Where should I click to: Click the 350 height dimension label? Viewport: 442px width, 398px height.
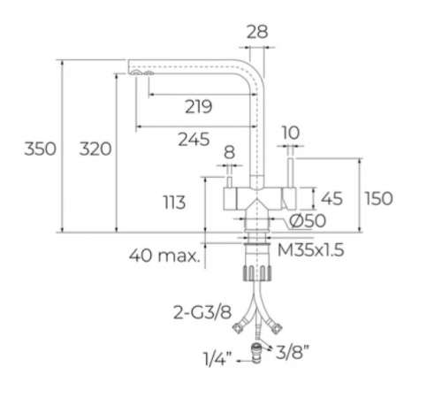[40, 149]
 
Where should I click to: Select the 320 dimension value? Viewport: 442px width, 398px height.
[95, 149]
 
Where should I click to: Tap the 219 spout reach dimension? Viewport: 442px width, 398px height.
[199, 107]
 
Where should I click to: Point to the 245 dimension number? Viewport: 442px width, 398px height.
[194, 139]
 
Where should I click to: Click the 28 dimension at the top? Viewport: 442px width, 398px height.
[257, 32]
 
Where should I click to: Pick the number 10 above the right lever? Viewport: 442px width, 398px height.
[291, 133]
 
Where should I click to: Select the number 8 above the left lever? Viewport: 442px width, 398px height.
[229, 152]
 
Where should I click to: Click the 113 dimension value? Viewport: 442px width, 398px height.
[174, 203]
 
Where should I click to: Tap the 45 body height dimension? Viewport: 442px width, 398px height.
[331, 198]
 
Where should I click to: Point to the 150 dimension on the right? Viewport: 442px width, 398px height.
[379, 198]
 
